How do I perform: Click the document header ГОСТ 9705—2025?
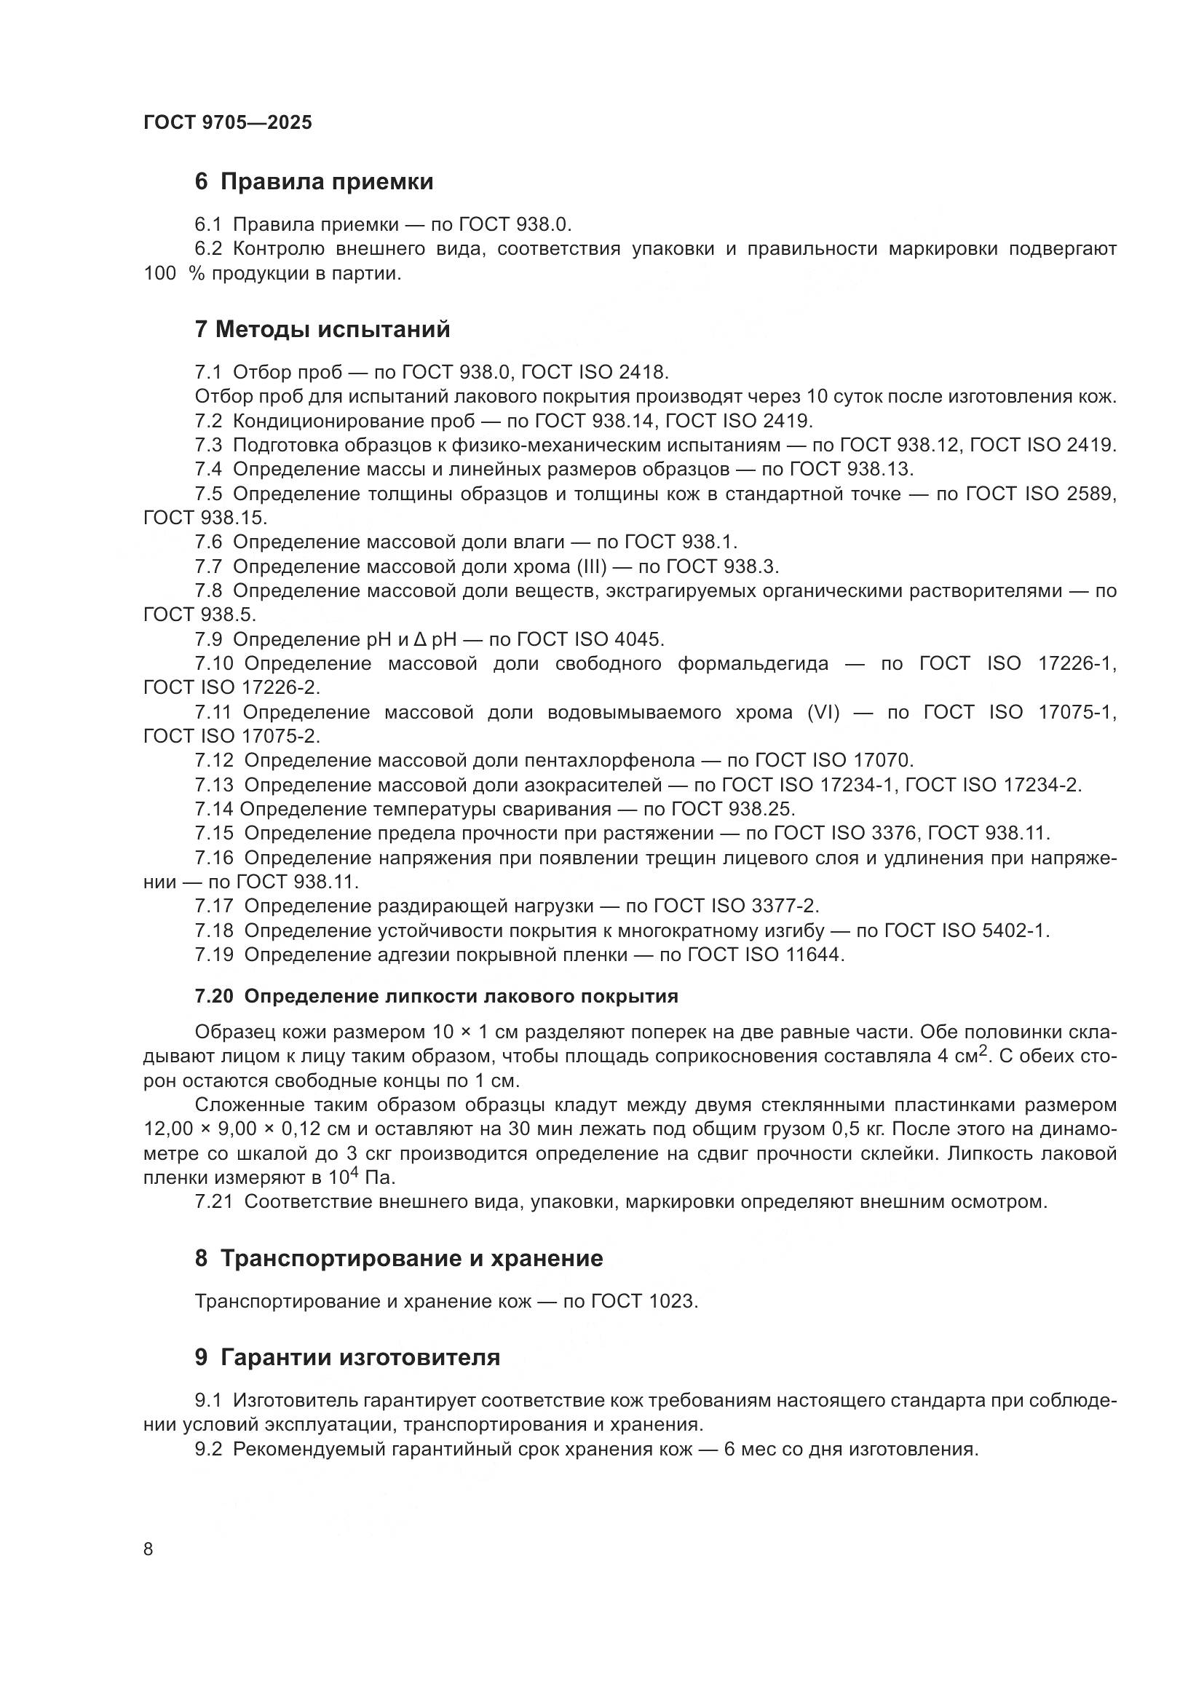point(228,122)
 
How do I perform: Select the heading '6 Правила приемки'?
point(314,181)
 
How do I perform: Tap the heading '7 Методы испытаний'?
point(322,328)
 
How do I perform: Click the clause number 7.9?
point(208,639)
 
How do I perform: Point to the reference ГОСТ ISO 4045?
point(590,639)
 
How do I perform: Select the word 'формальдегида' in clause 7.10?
point(753,663)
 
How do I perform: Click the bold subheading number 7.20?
point(213,996)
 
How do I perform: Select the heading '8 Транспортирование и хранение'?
point(399,1258)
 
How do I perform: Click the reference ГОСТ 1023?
point(644,1301)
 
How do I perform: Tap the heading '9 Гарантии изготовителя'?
point(347,1357)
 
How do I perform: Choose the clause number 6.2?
point(208,248)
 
